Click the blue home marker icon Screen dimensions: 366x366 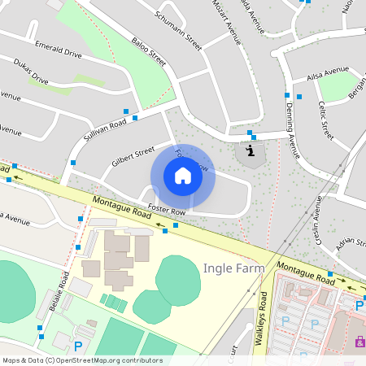(183, 176)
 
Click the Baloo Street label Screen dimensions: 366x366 (149, 50)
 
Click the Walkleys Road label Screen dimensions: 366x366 (260, 321)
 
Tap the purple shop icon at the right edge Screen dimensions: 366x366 (359, 343)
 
